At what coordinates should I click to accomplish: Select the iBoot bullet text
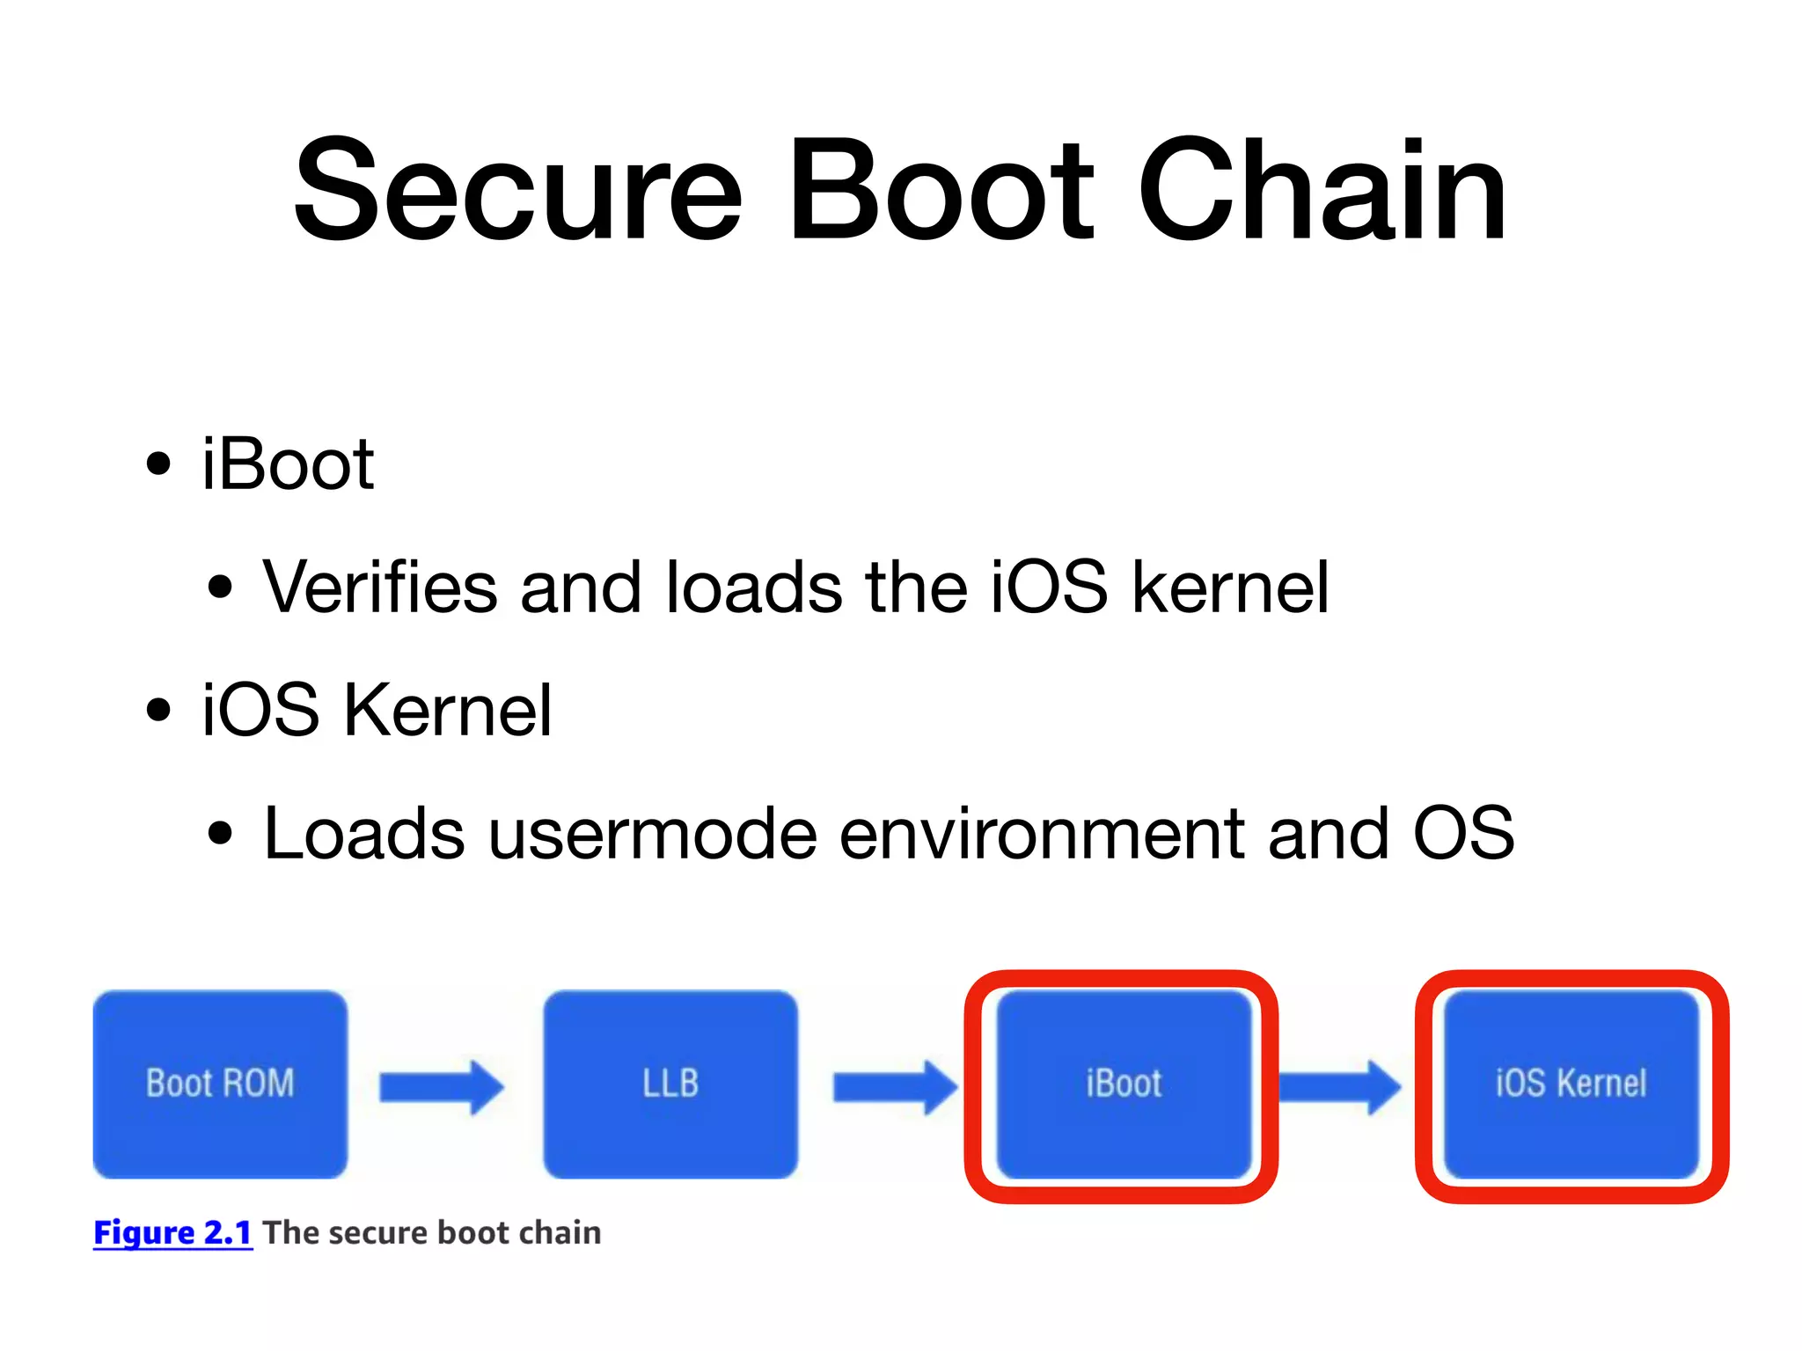pyautogui.click(x=288, y=464)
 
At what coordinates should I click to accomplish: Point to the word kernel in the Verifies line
pyautogui.click(x=1230, y=587)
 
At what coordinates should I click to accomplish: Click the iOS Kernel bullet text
pyautogui.click(x=377, y=710)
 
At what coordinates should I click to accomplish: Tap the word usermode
pyautogui.click(x=653, y=833)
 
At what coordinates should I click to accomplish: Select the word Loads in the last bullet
pyautogui.click(x=363, y=833)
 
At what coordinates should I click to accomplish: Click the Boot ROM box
pyautogui.click(x=220, y=1084)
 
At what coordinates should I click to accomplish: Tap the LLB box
pyautogui.click(x=670, y=1084)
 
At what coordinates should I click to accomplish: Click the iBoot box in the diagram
pyautogui.click(x=1123, y=1084)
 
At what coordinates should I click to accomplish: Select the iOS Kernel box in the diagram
pyautogui.click(x=1571, y=1084)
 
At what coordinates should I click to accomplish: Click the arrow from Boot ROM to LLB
pyautogui.click(x=441, y=1087)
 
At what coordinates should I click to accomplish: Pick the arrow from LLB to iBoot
pyautogui.click(x=894, y=1087)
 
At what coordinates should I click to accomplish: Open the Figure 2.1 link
pyautogui.click(x=172, y=1232)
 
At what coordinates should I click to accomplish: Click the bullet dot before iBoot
pyautogui.click(x=158, y=464)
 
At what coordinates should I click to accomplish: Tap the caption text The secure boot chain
pyautogui.click(x=431, y=1232)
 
